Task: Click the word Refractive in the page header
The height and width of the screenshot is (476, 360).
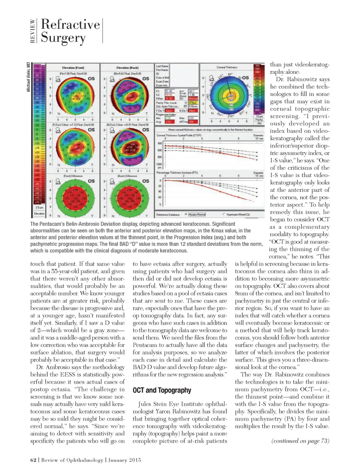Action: coord(70,24)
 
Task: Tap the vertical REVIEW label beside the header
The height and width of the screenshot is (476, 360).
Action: coord(33,31)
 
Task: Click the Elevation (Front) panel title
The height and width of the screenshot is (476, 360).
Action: coord(73,67)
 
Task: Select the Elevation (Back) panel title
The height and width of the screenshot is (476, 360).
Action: coord(127,67)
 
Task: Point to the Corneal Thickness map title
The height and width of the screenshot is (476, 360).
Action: coord(227,67)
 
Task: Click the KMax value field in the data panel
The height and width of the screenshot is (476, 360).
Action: coord(169,98)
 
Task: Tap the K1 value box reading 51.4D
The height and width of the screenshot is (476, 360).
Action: coord(169,91)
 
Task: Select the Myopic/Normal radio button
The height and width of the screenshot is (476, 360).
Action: coord(186,214)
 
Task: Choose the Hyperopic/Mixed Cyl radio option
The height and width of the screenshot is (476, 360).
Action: coord(224,214)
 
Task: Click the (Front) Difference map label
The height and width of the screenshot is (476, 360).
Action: coord(73,176)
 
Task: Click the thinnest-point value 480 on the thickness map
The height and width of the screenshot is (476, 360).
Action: coord(231,96)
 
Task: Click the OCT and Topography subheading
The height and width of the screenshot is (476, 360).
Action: coord(162,390)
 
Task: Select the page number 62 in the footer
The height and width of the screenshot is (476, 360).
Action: coord(33,460)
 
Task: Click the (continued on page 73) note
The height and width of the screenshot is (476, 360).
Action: coord(300,441)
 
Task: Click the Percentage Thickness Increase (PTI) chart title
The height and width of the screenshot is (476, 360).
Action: coord(177,173)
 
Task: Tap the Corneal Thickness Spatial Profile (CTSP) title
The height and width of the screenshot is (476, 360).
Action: coord(179,135)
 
